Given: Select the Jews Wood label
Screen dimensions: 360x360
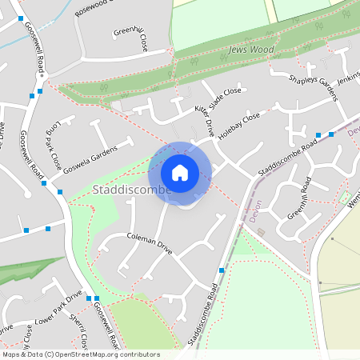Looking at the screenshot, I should pos(252,50).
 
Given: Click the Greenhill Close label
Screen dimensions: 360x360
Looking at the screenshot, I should pos(130,38).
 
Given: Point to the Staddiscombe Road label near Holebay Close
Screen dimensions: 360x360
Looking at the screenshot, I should pos(288,157).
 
